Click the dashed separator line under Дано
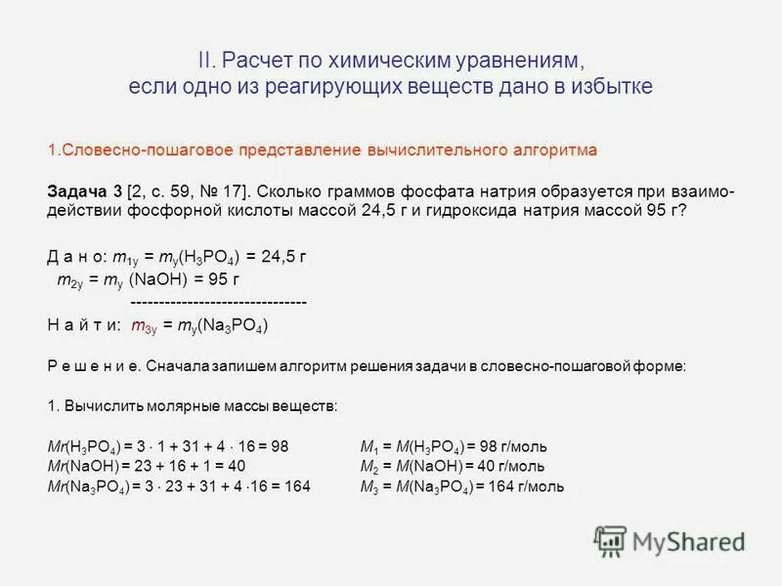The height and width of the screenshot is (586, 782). (x=218, y=303)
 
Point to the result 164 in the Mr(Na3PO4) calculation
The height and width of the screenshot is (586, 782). (x=297, y=486)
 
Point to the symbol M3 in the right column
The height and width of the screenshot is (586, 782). (x=369, y=486)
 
